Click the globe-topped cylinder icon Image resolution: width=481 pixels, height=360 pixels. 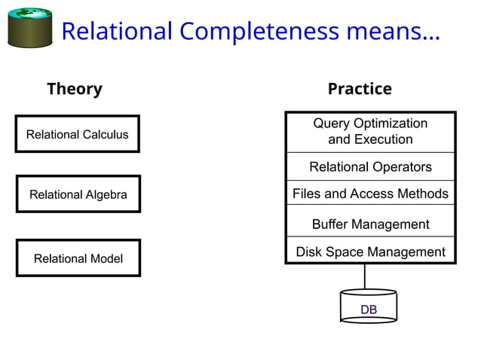click(29, 28)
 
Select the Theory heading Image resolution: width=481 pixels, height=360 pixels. click(74, 89)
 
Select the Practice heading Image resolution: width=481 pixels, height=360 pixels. click(360, 89)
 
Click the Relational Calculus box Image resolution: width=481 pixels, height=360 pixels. click(77, 134)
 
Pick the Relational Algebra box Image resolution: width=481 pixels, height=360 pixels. click(78, 194)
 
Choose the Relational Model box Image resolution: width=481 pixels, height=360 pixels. click(78, 258)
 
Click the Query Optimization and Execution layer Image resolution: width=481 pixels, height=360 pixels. click(370, 132)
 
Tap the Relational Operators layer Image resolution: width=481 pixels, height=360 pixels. click(370, 166)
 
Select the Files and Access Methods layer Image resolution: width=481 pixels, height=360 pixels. click(370, 194)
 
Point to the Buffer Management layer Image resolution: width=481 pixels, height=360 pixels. click(370, 224)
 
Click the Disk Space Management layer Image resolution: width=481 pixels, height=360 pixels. click(370, 252)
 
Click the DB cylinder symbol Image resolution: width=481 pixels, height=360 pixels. click(368, 307)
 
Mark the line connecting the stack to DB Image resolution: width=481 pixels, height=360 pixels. click(365, 276)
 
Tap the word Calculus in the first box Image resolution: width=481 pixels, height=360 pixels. click(104, 135)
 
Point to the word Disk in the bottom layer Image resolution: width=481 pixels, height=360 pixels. click(309, 252)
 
